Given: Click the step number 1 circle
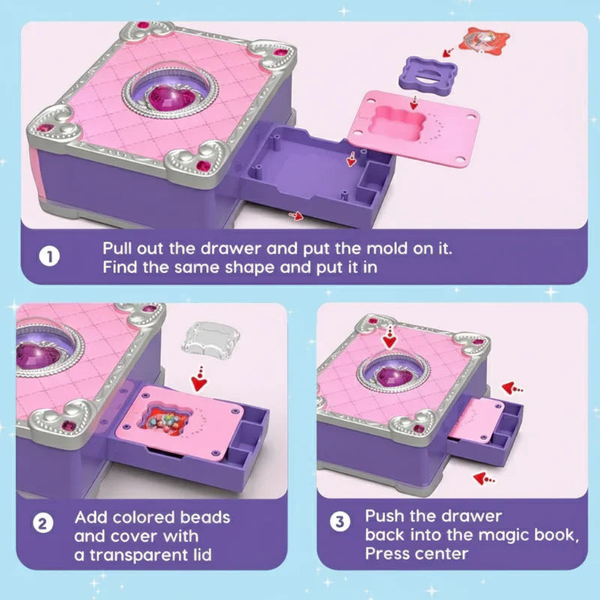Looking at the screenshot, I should (49, 256).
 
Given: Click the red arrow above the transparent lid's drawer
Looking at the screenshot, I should (198, 381).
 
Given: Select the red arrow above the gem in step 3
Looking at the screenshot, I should (388, 338).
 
